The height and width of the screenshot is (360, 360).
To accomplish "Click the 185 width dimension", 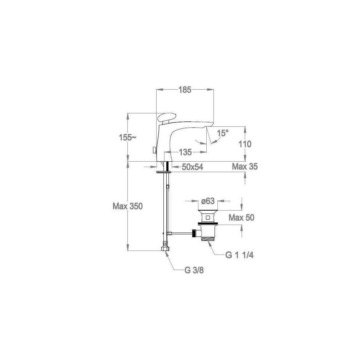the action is click(185, 90).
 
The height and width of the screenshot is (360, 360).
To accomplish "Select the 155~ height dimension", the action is click(127, 138).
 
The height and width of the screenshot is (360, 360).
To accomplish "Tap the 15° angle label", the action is click(223, 133).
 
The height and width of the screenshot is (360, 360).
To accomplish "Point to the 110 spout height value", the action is click(245, 144).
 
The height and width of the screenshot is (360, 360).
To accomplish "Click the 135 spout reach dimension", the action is click(185, 152).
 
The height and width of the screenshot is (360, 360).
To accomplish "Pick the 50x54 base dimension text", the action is click(192, 167).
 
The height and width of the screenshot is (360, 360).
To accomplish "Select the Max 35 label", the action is click(245, 166).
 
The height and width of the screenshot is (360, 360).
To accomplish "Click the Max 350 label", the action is click(127, 206).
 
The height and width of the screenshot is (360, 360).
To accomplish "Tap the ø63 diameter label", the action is click(208, 201).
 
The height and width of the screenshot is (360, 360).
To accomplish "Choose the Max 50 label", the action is click(241, 217).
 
